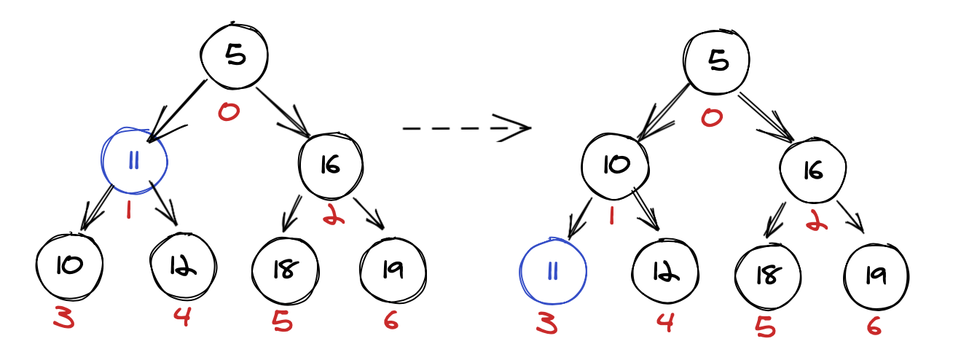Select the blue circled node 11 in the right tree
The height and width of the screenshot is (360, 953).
coord(552,271)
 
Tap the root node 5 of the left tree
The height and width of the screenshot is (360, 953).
coord(235,57)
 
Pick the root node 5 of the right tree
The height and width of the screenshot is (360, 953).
coord(718,62)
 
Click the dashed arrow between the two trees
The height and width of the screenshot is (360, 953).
coord(466,128)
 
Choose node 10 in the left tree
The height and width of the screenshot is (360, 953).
coord(69,267)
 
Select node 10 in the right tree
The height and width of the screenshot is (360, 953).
coord(615,165)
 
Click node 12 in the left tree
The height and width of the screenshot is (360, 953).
coord(183,267)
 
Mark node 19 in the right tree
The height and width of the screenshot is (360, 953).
coord(876,275)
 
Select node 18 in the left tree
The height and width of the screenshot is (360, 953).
coord(285,270)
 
